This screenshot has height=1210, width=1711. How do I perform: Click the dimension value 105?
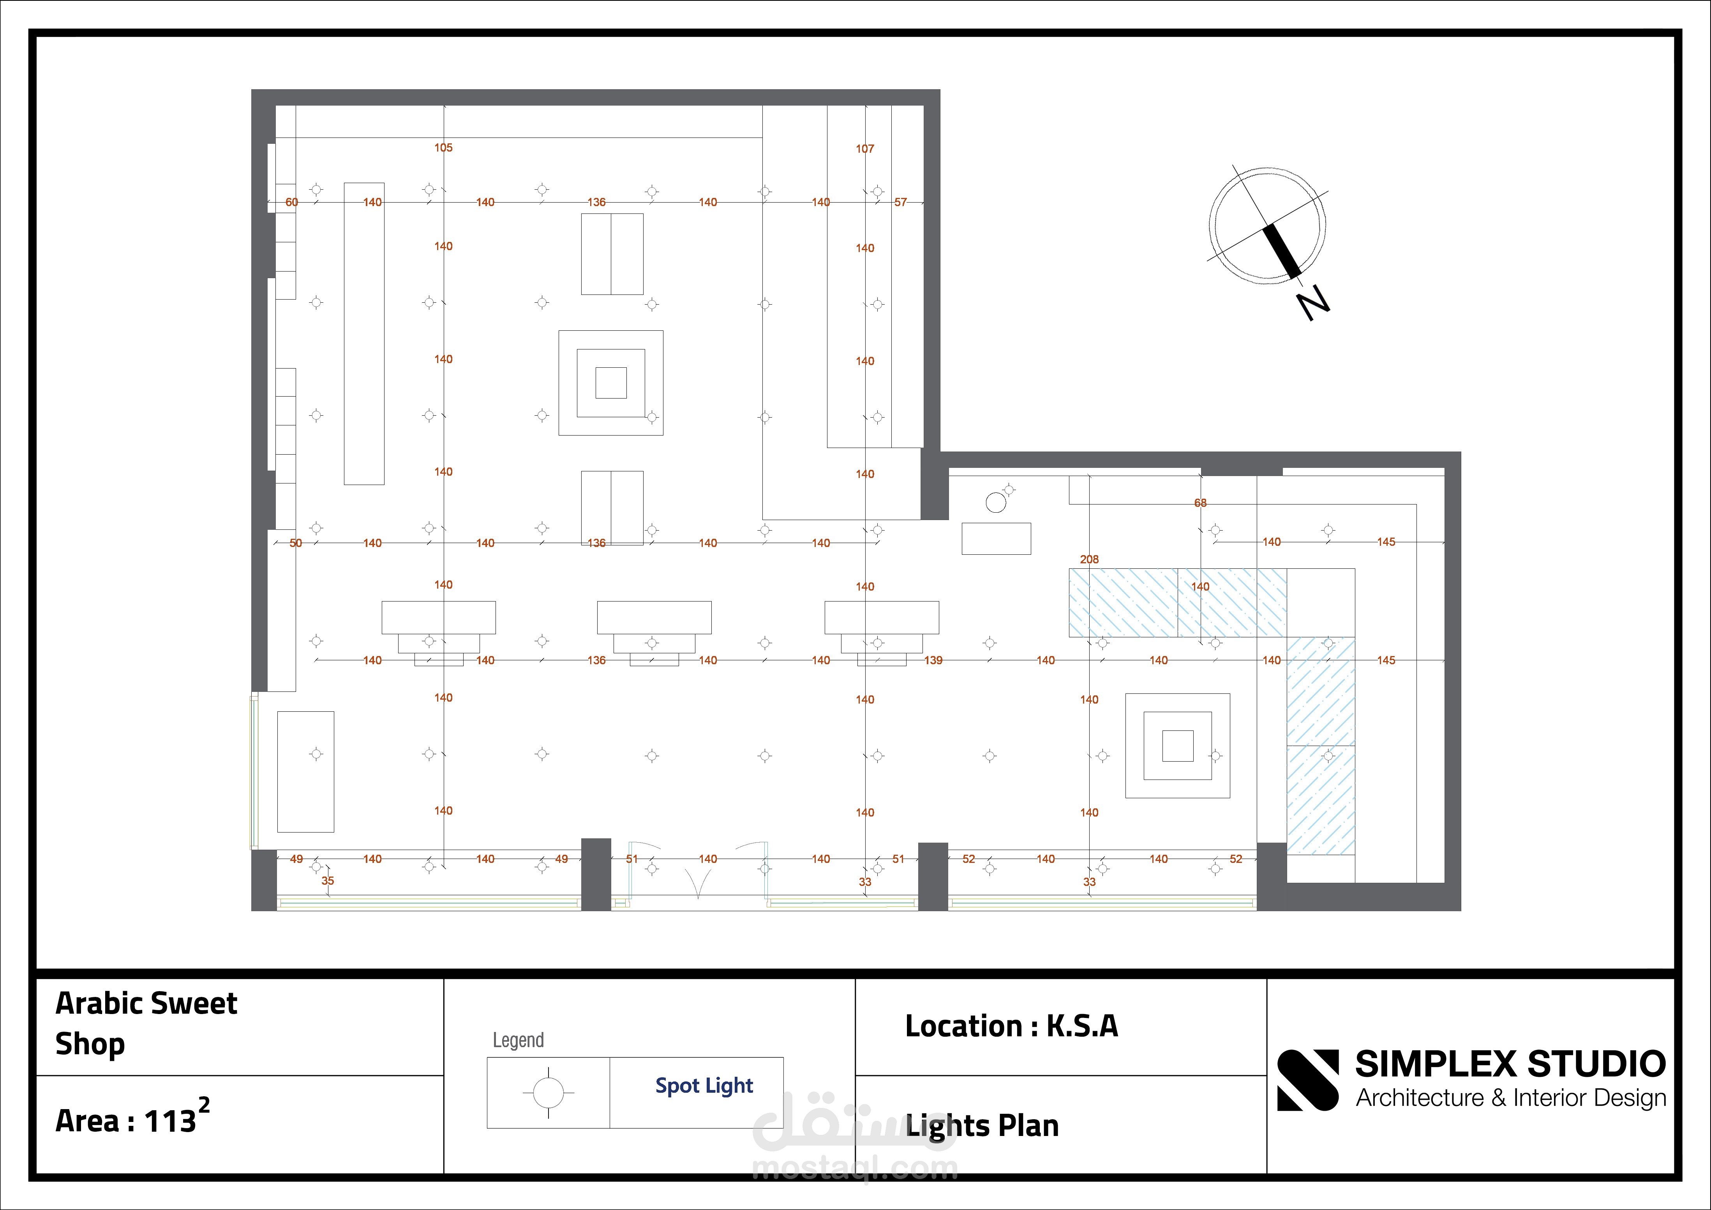(443, 148)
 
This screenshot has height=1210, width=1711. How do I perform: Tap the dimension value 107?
(864, 149)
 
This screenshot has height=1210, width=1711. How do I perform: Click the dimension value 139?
(933, 660)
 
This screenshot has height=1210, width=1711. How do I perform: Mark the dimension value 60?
(291, 202)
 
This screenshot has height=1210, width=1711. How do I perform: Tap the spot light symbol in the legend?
(549, 1093)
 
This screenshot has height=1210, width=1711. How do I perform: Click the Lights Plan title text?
(982, 1126)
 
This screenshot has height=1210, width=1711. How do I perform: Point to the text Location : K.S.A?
(1011, 1026)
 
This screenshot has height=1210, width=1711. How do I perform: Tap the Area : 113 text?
(125, 1120)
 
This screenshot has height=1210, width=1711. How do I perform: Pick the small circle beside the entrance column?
(996, 503)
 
